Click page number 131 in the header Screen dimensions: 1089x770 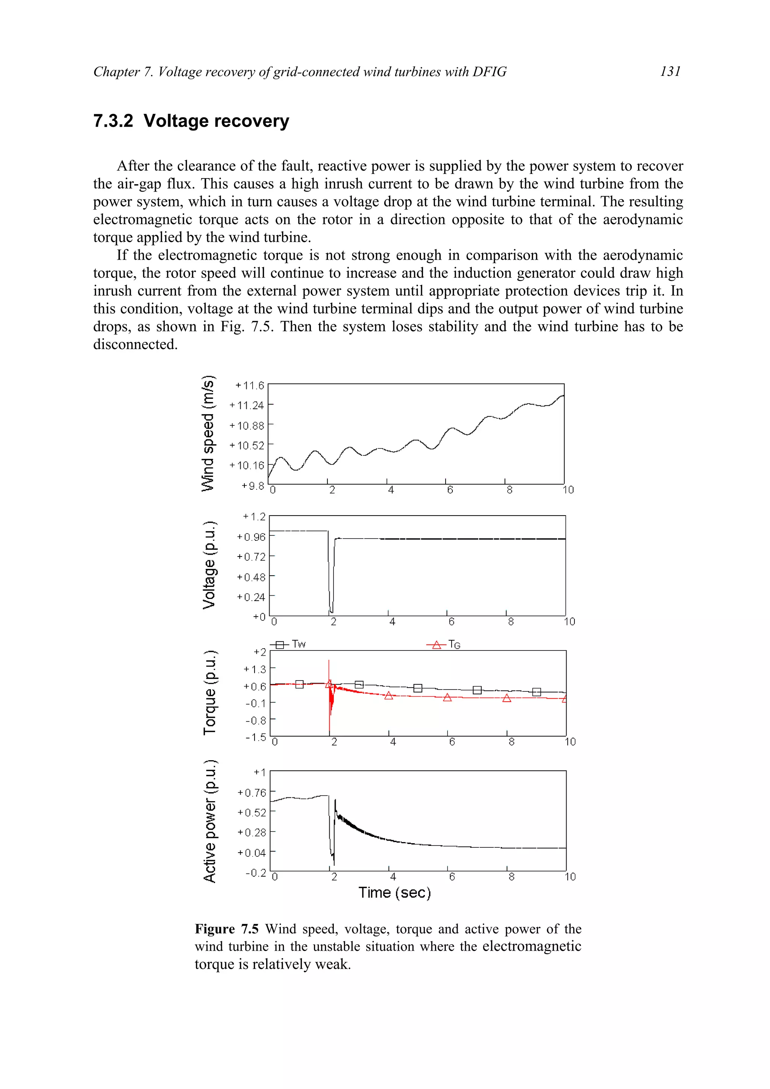[670, 72]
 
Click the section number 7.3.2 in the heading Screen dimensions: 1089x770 [114, 121]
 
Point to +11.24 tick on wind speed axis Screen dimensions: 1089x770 [246, 405]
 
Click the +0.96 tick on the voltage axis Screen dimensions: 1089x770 [251, 537]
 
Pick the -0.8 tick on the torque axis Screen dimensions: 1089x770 [255, 720]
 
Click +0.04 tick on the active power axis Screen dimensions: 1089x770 [252, 853]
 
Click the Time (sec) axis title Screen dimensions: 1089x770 [394, 892]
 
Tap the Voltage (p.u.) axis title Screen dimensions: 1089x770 [209, 565]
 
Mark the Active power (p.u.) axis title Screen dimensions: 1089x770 [209, 821]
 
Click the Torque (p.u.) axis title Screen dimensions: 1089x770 [209, 693]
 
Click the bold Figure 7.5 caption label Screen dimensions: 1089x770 [227, 929]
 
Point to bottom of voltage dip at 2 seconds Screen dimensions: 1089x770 [331, 611]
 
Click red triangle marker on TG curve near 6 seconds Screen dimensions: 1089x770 [447, 697]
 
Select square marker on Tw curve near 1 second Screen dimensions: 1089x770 [299, 684]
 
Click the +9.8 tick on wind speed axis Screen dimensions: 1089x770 [252, 486]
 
